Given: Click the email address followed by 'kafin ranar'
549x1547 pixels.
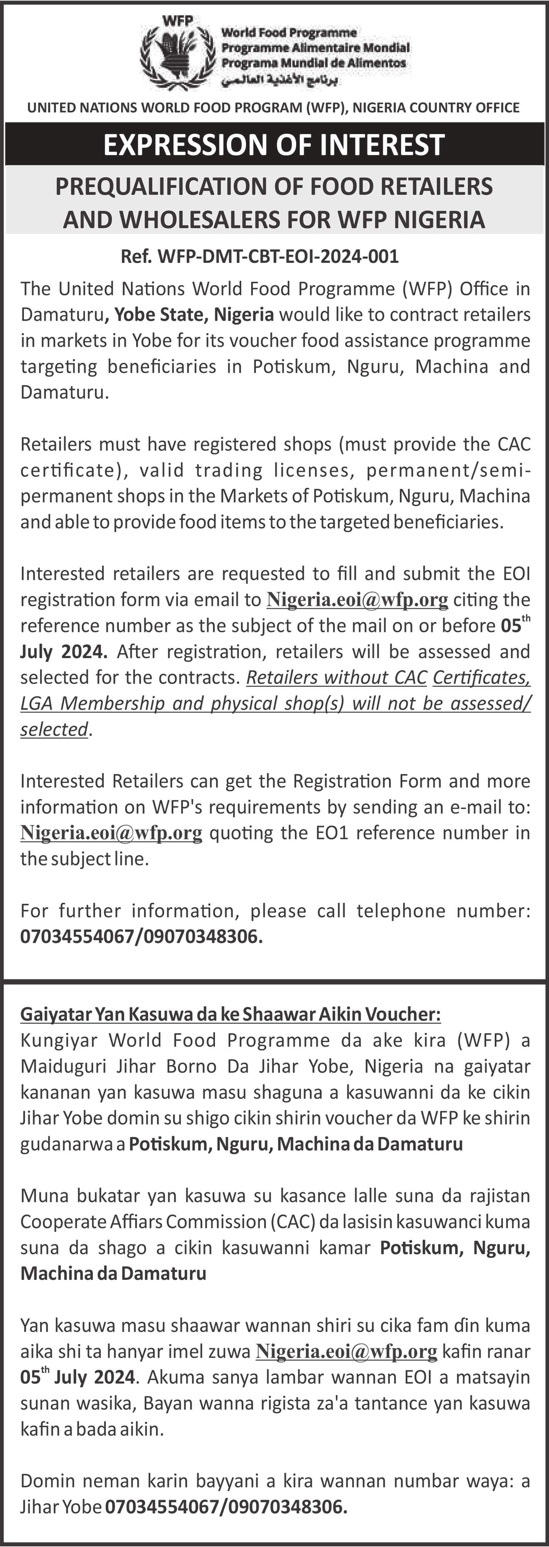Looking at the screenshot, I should coord(346,1351).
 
